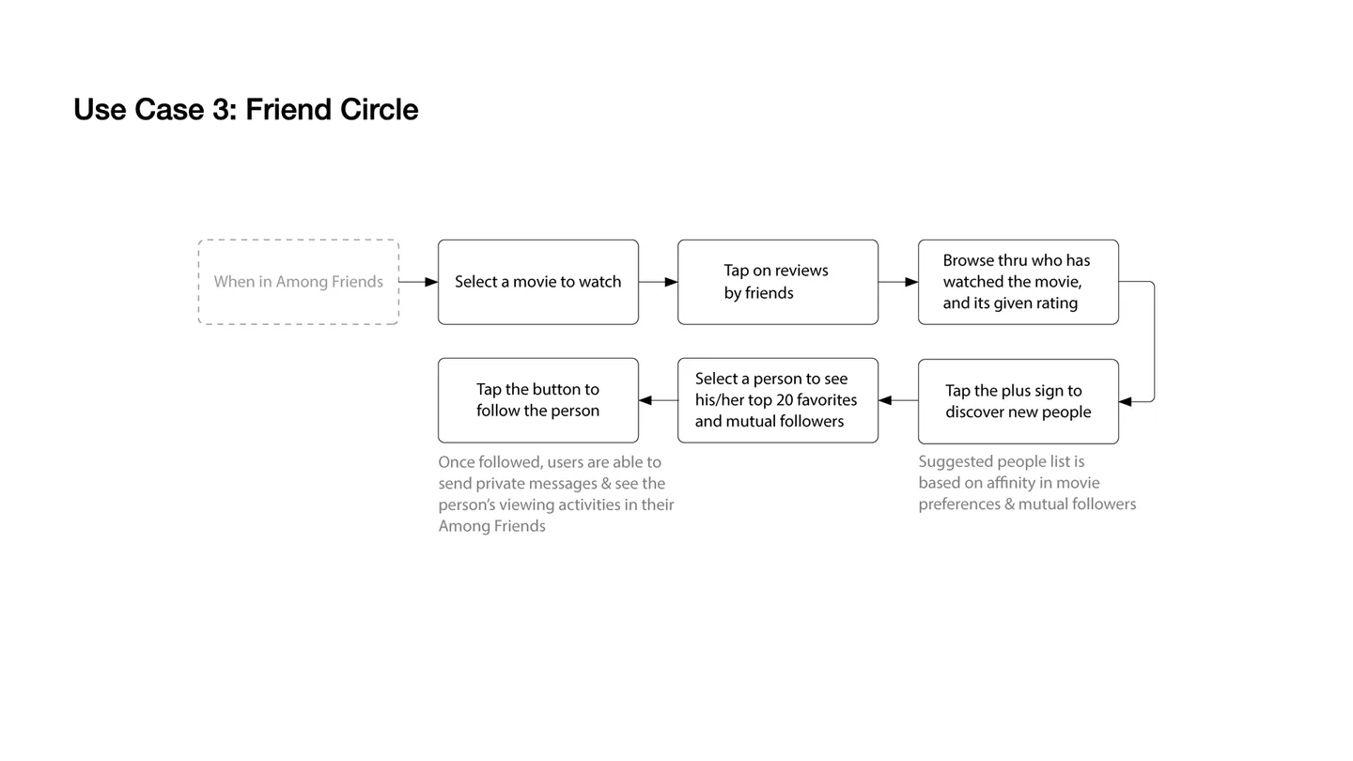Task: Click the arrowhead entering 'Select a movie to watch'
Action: tap(431, 282)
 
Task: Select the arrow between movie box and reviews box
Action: tap(659, 282)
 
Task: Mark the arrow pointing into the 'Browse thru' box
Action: tap(898, 282)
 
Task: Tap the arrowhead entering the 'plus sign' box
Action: tap(1126, 402)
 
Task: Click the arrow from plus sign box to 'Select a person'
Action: tap(898, 400)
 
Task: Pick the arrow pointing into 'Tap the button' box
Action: tap(659, 400)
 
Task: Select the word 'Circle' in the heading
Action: tap(379, 110)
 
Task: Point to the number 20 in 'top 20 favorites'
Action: tap(785, 400)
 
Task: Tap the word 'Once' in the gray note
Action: tap(457, 462)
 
